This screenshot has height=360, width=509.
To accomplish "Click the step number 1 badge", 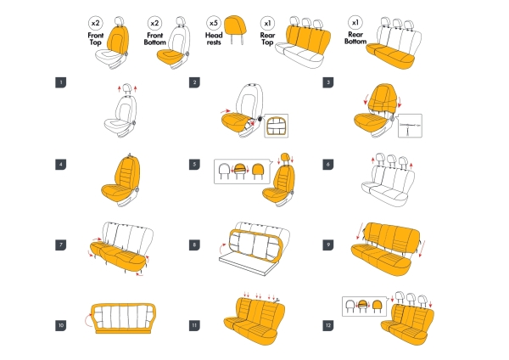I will click(60, 82).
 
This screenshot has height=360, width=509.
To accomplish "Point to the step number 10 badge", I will click(60, 324).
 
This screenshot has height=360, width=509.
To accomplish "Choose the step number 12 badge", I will click(328, 324).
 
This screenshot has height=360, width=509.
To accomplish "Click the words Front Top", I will click(96, 40).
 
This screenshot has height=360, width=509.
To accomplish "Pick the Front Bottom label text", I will click(154, 40).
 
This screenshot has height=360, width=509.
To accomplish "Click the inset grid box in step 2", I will click(277, 126).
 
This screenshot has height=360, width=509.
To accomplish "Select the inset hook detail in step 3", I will click(410, 127).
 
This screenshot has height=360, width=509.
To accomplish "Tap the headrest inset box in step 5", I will click(242, 171).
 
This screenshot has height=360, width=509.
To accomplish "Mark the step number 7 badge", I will click(60, 245).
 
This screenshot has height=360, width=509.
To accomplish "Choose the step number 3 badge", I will click(328, 82).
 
